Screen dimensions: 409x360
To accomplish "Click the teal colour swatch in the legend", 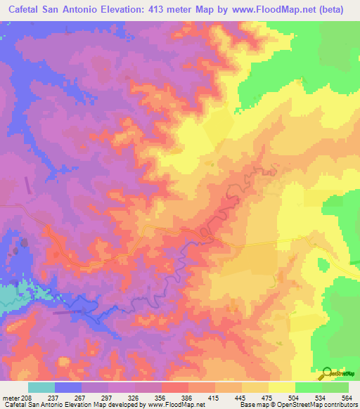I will tap(41, 387).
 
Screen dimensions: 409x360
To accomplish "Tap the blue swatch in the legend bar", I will tap(67, 387).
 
